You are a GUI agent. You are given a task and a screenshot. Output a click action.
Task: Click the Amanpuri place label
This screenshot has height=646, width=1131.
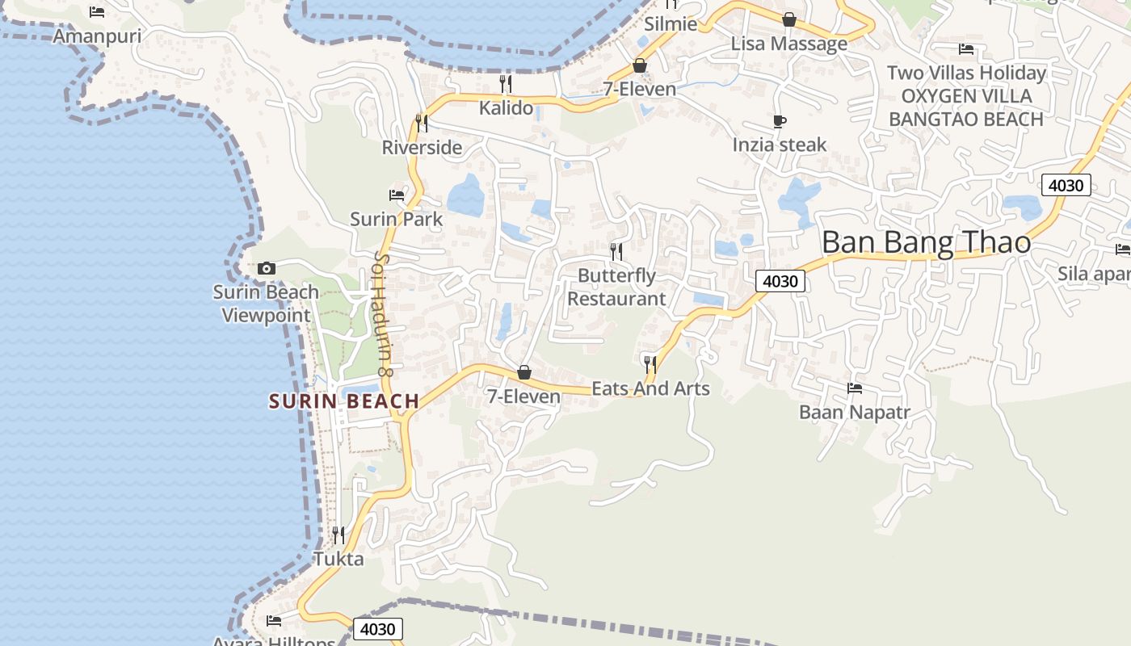tap(97, 36)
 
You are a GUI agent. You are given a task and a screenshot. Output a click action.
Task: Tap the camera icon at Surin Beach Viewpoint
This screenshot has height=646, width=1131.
tap(267, 268)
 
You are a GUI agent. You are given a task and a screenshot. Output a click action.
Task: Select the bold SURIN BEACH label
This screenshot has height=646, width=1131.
tap(344, 401)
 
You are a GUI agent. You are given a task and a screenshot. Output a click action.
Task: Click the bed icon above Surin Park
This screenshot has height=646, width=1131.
tap(397, 195)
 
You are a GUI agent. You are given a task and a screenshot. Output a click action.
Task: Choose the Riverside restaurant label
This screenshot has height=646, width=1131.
tap(422, 148)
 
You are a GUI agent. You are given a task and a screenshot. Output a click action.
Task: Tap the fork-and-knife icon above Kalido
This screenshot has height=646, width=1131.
tap(506, 84)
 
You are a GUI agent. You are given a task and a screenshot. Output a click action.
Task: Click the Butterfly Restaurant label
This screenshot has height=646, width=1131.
tap(616, 287)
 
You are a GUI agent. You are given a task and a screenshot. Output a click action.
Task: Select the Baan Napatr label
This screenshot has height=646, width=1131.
tap(855, 413)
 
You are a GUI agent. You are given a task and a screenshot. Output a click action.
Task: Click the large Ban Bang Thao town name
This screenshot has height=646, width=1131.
tap(927, 242)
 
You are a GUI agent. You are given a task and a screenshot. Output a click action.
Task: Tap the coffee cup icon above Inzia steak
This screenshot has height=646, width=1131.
tap(780, 122)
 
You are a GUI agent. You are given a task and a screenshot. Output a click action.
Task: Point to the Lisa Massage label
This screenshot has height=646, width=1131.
tap(789, 44)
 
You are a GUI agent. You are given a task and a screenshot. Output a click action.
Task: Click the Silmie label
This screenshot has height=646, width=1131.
tap(671, 24)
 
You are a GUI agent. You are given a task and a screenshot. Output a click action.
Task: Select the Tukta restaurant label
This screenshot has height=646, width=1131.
tap(338, 559)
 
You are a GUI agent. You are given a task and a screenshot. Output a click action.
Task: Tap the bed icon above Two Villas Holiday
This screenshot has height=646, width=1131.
tap(966, 49)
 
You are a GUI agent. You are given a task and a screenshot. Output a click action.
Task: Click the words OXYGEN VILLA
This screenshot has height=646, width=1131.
tap(966, 96)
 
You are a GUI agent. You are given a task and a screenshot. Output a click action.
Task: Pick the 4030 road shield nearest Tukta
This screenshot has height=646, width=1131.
tap(377, 629)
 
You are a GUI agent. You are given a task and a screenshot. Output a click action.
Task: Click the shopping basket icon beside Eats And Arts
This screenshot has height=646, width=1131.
tap(524, 372)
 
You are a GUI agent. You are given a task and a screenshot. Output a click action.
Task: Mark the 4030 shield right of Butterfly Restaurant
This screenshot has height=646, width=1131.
tap(780, 281)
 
